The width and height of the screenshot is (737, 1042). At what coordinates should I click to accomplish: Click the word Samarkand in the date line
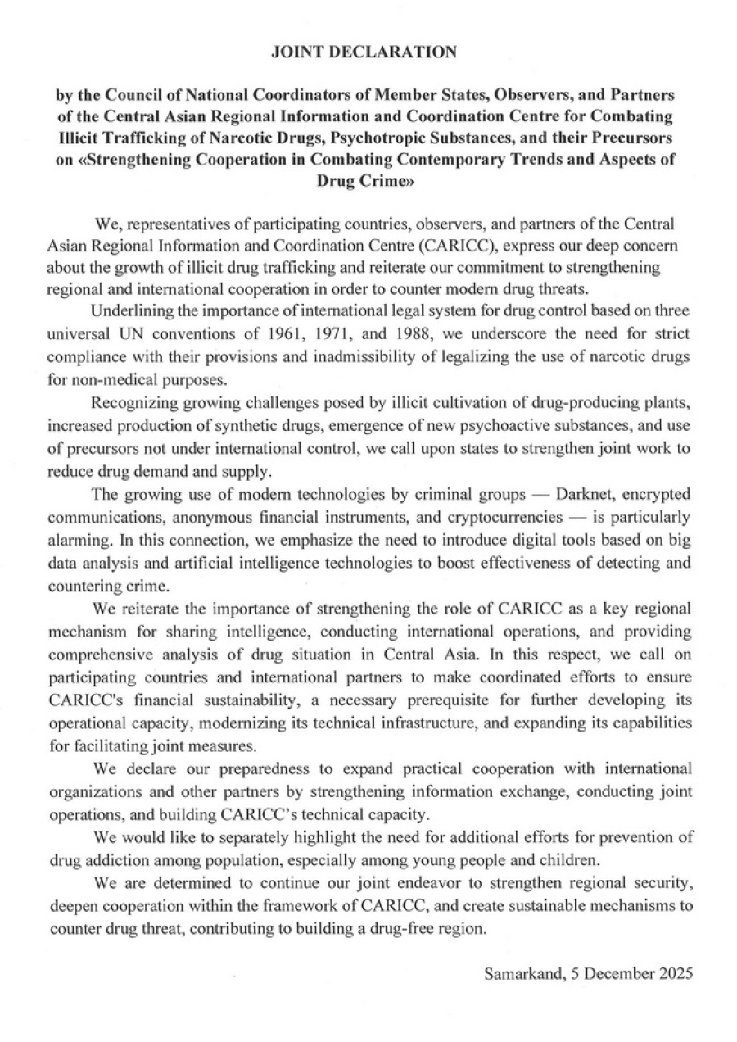(x=518, y=974)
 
